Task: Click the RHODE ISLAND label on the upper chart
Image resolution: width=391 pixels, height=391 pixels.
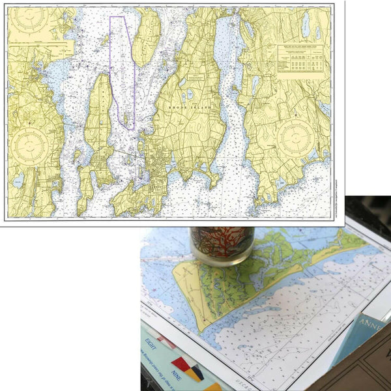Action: click(186, 106)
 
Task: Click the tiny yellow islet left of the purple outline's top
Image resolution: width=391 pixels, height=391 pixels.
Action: click(103, 37)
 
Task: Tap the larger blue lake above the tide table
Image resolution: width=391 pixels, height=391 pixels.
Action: click(305, 25)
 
